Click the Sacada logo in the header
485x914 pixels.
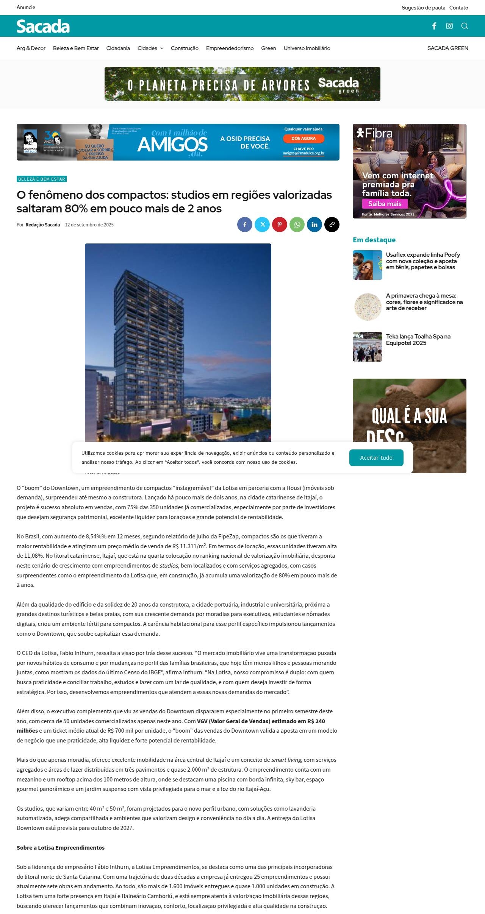(x=43, y=26)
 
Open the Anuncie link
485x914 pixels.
(x=26, y=7)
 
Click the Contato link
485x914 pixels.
(x=458, y=8)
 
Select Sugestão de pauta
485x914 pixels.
(x=423, y=8)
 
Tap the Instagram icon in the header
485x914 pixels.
(x=449, y=26)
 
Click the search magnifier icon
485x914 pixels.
(x=465, y=26)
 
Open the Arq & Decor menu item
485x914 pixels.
(x=31, y=48)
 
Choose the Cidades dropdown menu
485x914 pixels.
(x=150, y=48)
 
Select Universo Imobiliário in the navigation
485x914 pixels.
(x=307, y=48)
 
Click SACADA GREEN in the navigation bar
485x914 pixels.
(x=447, y=48)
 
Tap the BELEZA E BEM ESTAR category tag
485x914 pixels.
(x=42, y=179)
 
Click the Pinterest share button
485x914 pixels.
(x=280, y=225)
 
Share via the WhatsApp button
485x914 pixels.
(x=297, y=225)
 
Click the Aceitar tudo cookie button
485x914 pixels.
(x=376, y=457)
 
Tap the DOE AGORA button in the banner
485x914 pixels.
(x=304, y=139)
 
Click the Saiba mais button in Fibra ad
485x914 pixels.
(x=385, y=204)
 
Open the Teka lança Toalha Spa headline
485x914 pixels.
(x=418, y=340)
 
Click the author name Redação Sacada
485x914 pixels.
(x=43, y=225)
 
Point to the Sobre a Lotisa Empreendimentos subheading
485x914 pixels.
(x=61, y=847)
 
